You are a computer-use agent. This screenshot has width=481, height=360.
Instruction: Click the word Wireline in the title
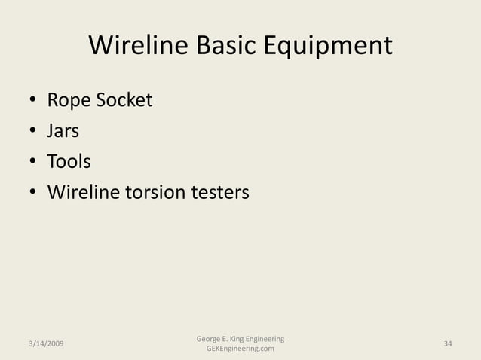(x=139, y=46)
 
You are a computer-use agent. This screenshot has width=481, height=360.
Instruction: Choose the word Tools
(x=69, y=162)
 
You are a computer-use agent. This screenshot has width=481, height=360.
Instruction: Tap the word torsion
(x=156, y=193)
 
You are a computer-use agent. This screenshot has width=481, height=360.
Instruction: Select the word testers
(x=220, y=193)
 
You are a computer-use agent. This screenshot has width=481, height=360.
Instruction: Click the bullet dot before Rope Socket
(x=33, y=101)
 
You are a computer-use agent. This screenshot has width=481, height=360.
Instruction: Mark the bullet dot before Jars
(x=33, y=132)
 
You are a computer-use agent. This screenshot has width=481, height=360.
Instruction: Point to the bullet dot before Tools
(x=33, y=163)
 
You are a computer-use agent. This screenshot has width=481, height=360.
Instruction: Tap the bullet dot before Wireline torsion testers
(x=33, y=194)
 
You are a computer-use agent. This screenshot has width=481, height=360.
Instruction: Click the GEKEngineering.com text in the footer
(x=240, y=349)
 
